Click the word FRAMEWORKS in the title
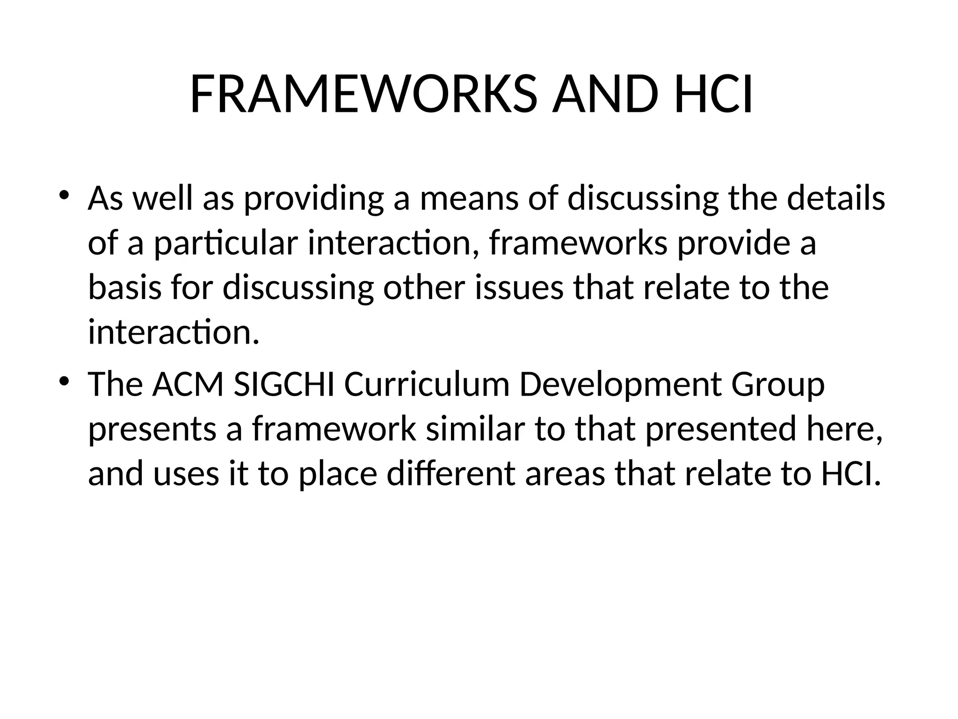(363, 95)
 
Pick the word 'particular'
(226, 244)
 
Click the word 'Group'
(778, 385)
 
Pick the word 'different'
(451, 474)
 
